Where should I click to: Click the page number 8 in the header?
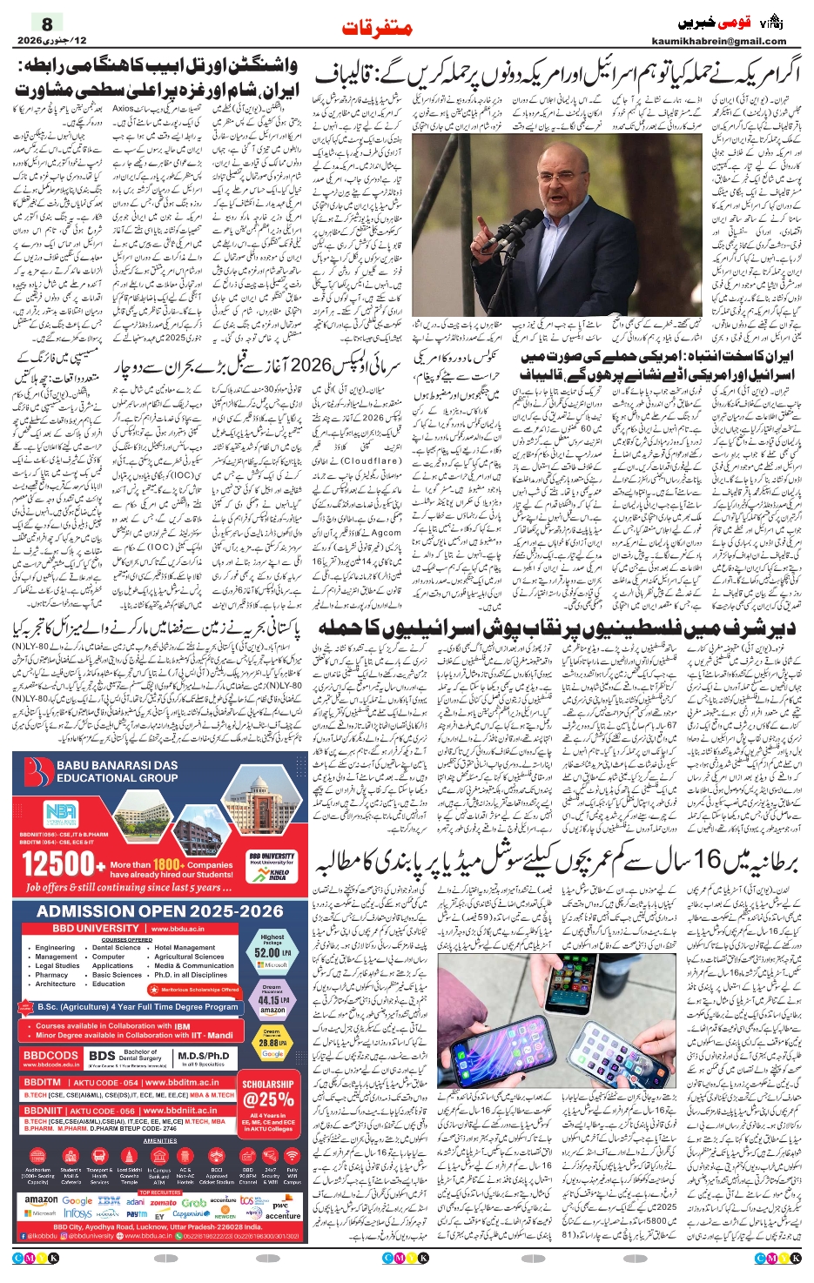tap(47, 24)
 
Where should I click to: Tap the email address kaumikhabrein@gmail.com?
tap(718, 41)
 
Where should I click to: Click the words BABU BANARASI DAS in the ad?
tap(117, 765)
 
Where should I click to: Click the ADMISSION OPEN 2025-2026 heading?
tap(160, 911)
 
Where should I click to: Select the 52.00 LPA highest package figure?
tap(272, 952)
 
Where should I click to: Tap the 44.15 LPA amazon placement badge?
tap(272, 1000)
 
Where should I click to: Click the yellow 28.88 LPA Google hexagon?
tap(272, 1042)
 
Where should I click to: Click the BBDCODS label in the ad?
tap(50, 1056)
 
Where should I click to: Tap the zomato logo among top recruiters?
tap(163, 1202)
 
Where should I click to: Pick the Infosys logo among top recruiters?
tap(77, 1213)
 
